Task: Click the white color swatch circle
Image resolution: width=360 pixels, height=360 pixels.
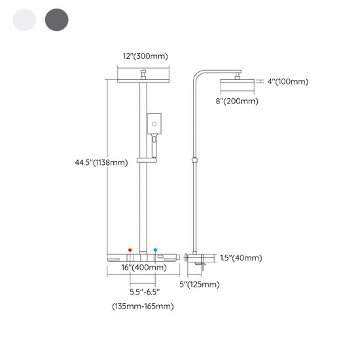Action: click(24, 20)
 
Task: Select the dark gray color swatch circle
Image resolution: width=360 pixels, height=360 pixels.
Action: click(57, 20)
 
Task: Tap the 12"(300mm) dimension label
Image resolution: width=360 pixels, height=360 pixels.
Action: click(145, 56)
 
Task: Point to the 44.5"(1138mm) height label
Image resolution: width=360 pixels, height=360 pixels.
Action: click(101, 162)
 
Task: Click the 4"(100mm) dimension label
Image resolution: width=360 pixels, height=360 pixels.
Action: click(288, 82)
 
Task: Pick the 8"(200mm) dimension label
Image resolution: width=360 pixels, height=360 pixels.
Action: click(237, 101)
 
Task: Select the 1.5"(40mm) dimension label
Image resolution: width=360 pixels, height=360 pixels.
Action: click(241, 258)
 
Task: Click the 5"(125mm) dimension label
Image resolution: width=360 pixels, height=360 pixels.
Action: click(200, 285)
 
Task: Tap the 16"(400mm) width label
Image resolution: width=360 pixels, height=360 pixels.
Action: click(144, 267)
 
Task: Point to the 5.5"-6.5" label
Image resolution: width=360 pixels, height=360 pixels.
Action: click(145, 292)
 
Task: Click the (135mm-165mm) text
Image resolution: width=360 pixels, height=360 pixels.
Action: click(143, 306)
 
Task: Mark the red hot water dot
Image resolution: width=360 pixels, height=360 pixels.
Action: click(130, 250)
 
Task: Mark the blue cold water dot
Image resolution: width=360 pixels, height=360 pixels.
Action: click(155, 250)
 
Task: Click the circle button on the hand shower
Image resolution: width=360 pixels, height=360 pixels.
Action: click(154, 124)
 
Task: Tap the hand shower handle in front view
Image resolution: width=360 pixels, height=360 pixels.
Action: click(154, 147)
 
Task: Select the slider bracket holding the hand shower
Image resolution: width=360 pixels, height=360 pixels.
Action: click(147, 160)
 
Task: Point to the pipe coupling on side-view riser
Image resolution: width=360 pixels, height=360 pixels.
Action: click(194, 160)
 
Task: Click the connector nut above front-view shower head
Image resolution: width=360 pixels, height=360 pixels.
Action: click(143, 75)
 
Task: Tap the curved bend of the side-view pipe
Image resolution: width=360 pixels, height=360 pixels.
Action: click(197, 74)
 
